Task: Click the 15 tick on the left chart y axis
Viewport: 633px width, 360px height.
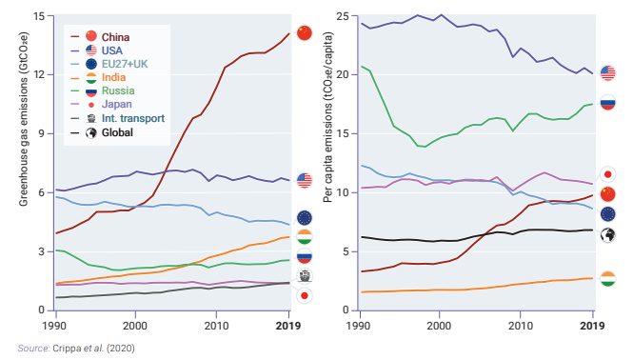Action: tap(38, 16)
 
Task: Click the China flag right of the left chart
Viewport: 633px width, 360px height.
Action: tap(305, 33)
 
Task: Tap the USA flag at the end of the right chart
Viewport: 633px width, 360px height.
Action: tap(608, 73)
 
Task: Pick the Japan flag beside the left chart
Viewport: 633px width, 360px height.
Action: tap(305, 296)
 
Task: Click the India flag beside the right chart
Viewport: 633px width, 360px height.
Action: tap(608, 278)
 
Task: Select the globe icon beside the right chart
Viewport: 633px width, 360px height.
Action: tap(608, 235)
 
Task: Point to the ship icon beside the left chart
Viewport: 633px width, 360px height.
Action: tap(305, 276)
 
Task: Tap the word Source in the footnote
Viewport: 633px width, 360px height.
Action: tap(33, 349)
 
